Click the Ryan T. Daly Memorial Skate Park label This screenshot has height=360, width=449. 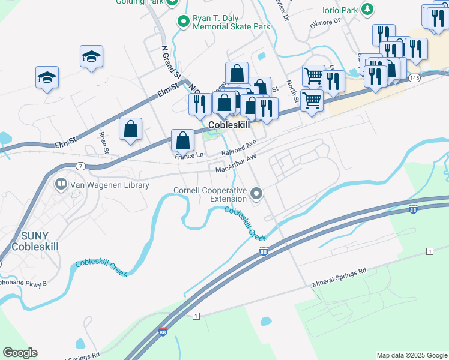(x=231, y=22)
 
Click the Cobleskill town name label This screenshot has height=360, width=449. (x=229, y=125)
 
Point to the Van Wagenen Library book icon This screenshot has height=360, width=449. (x=61, y=185)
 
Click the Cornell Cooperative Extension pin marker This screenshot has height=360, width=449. (x=257, y=194)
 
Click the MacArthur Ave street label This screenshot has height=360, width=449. (x=237, y=163)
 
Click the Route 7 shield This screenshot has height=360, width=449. (x=82, y=166)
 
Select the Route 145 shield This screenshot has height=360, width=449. (x=414, y=78)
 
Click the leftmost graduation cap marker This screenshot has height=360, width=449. (x=47, y=77)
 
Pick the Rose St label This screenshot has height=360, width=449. (x=103, y=143)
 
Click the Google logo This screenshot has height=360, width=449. (x=20, y=353)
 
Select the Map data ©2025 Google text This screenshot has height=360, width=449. (x=411, y=355)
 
